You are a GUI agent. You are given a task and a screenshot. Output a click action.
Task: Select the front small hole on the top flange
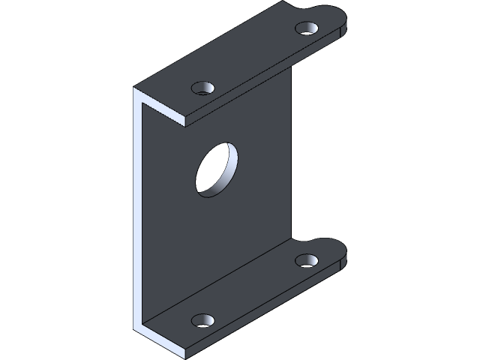pyautogui.click(x=202, y=88)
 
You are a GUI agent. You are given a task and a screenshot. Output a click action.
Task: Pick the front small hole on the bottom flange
pyautogui.click(x=202, y=320)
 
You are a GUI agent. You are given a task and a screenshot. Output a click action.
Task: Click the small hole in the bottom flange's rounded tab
pyautogui.click(x=307, y=260)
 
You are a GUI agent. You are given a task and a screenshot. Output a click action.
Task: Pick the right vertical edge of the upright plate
pyautogui.click(x=292, y=150)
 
